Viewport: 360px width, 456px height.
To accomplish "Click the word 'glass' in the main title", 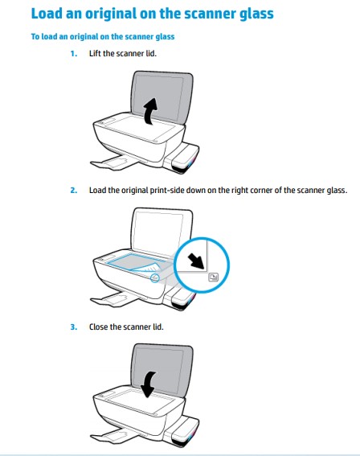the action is (x=256, y=14).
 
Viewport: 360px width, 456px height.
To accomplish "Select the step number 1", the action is (x=74, y=54).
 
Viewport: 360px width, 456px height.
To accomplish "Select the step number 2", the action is (x=74, y=190).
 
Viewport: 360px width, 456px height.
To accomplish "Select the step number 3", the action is (x=74, y=327).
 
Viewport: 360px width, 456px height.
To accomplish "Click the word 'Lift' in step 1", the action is (x=95, y=54).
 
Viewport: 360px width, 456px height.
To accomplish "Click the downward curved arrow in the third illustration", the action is (x=149, y=384).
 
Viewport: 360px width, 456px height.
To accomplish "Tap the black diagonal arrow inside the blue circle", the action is (x=196, y=261).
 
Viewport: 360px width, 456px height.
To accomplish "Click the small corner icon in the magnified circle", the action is (x=213, y=277).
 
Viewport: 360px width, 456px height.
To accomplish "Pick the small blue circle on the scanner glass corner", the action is (x=155, y=277).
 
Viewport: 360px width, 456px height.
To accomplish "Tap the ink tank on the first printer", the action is (x=184, y=158).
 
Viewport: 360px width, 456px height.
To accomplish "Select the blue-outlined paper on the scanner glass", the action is (x=137, y=263).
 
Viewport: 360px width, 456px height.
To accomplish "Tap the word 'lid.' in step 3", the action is (x=158, y=327).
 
